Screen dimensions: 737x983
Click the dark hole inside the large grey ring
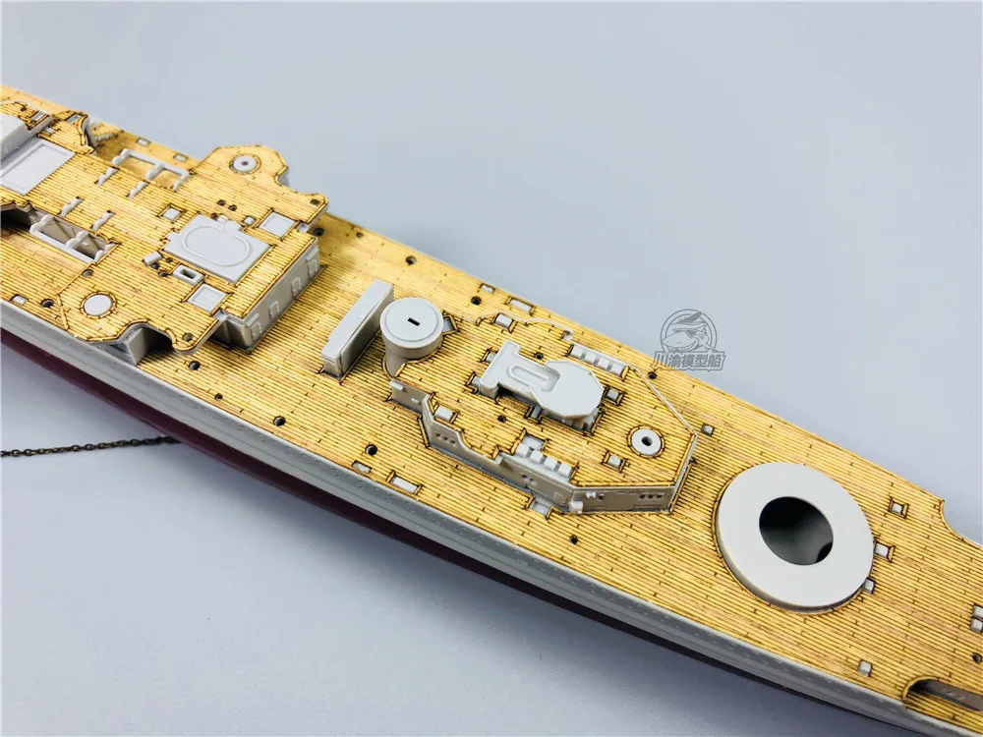tap(795, 530)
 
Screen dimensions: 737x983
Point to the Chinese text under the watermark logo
tap(691, 361)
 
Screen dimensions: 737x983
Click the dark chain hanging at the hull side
tap(88, 447)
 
